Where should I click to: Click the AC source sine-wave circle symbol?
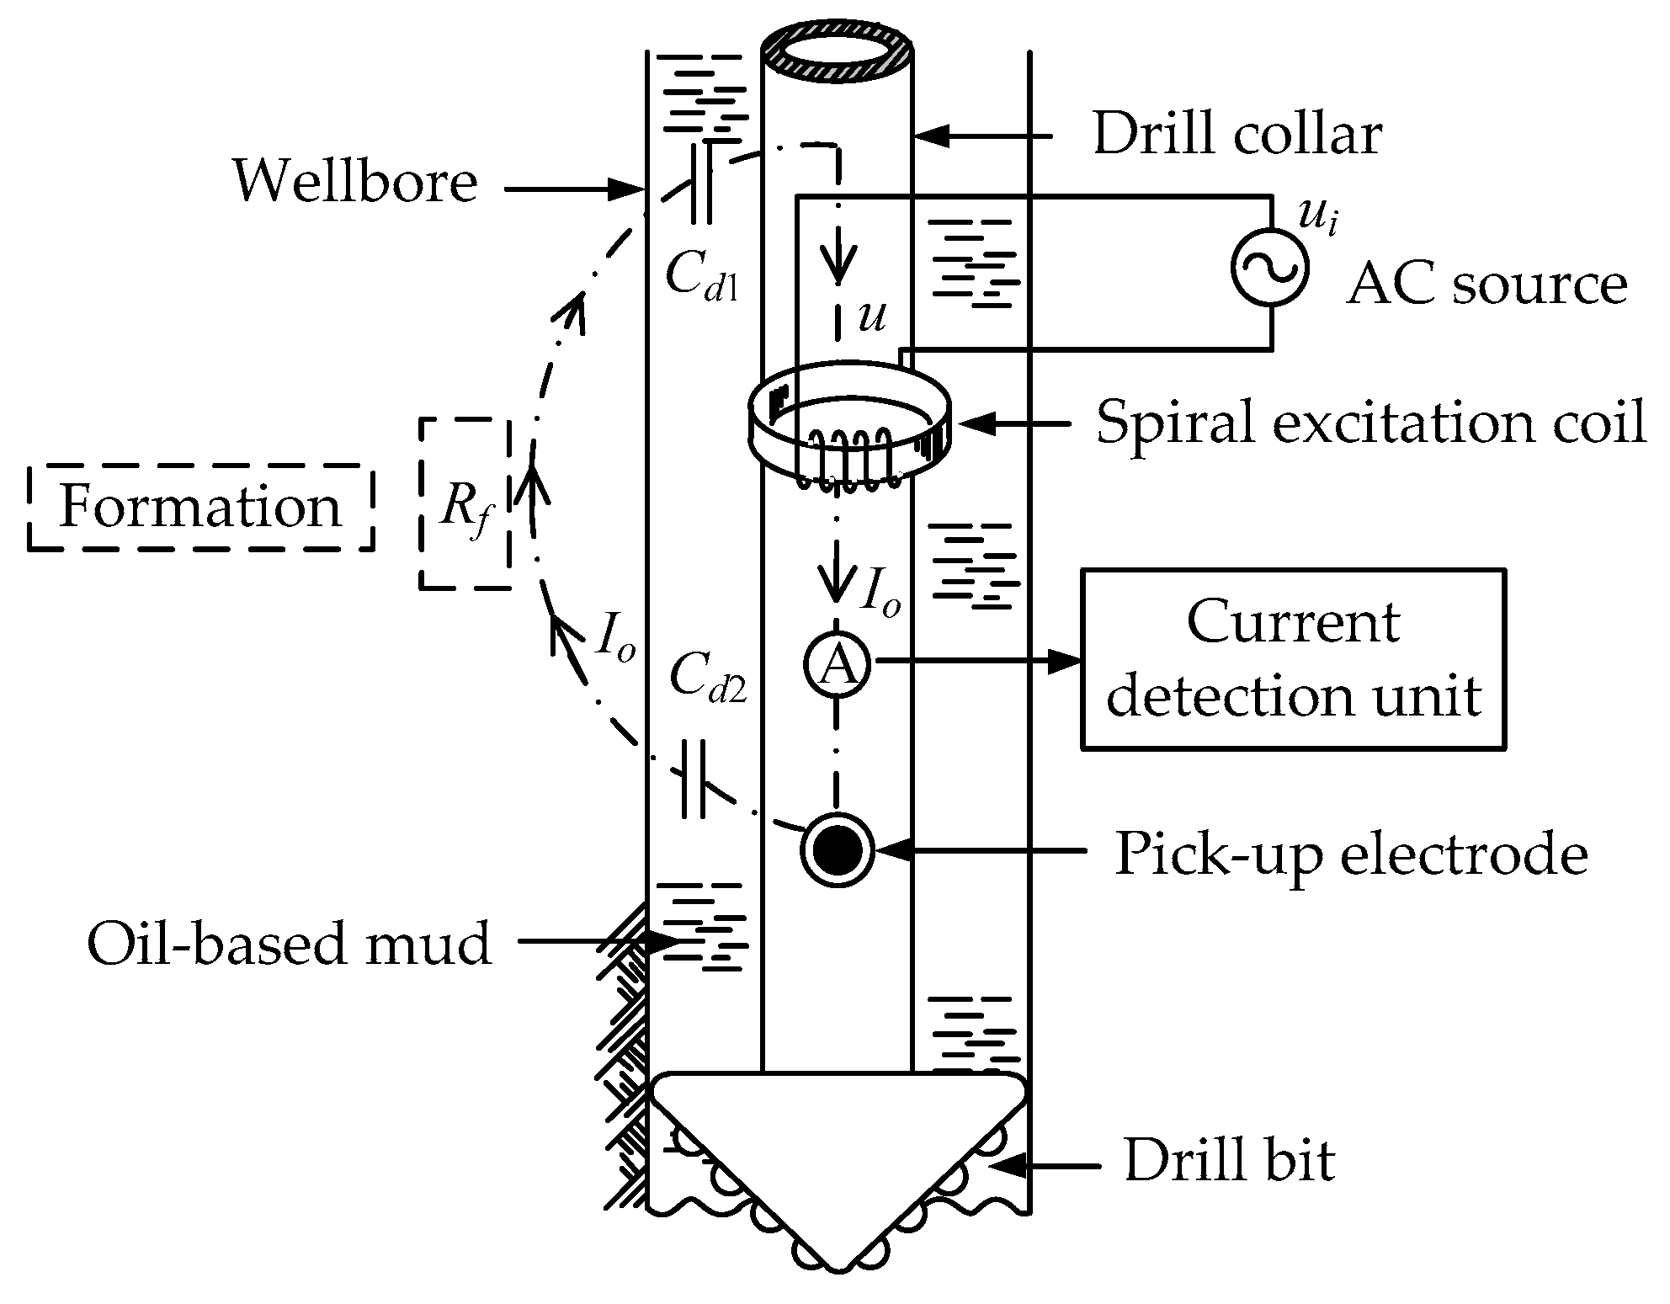(x=1270, y=266)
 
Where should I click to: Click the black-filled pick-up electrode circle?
(x=836, y=849)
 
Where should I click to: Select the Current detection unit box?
(x=1293, y=659)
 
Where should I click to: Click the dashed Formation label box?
(x=200, y=508)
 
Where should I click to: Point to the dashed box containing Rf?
(x=465, y=503)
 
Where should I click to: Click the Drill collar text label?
(x=1237, y=135)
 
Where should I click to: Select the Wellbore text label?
(x=355, y=182)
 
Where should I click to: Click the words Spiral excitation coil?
(x=1370, y=423)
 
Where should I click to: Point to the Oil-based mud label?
(x=289, y=944)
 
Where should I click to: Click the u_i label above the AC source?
(x=1317, y=216)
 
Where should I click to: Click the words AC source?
(x=1487, y=285)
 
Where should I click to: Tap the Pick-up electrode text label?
(x=1350, y=854)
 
